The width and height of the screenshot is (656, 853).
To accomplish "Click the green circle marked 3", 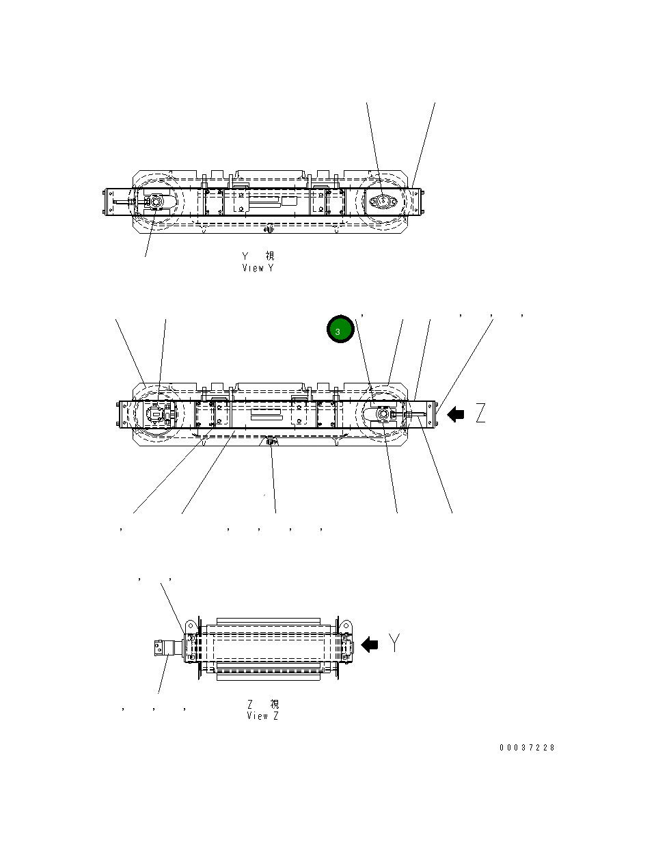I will click(339, 330).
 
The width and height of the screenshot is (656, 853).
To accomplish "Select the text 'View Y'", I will click(258, 268).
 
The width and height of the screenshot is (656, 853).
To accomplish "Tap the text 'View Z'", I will click(262, 716).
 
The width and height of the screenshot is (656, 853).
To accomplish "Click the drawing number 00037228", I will click(527, 748).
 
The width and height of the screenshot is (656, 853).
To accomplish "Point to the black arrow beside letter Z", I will click(456, 414).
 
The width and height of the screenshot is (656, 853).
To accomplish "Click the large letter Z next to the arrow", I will click(480, 414).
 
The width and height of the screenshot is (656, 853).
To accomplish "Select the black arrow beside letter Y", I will click(370, 644).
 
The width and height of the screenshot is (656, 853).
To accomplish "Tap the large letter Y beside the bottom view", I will click(394, 642).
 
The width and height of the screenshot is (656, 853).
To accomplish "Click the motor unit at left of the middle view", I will click(158, 414).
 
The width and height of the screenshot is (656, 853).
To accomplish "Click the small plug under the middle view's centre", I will click(271, 442).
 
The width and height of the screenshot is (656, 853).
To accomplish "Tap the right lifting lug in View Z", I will click(346, 626).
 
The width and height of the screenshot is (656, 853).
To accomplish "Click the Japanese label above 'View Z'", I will click(262, 704).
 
